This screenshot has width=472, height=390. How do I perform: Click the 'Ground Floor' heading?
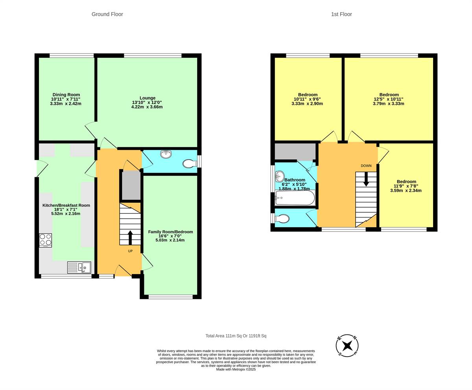(107, 14)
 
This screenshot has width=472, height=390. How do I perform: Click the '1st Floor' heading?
(341, 14)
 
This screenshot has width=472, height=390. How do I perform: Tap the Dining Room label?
(66, 95)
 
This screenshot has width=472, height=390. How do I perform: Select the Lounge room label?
(147, 98)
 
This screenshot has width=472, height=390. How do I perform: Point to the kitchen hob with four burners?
(45, 240)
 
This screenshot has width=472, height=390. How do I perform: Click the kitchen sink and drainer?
(79, 267)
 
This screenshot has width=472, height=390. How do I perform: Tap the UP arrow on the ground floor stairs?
(130, 238)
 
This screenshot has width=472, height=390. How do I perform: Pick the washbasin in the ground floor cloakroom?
(166, 154)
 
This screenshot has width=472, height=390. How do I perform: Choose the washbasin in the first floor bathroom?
(280, 175)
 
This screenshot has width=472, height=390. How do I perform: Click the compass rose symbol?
(347, 345)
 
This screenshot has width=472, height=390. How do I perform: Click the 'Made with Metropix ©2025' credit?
(236, 370)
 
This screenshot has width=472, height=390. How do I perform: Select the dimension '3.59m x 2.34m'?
(406, 191)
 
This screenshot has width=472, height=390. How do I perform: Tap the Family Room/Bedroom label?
(170, 232)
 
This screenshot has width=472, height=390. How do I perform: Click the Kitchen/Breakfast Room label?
(66, 205)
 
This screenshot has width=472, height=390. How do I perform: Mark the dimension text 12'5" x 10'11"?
(388, 99)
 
